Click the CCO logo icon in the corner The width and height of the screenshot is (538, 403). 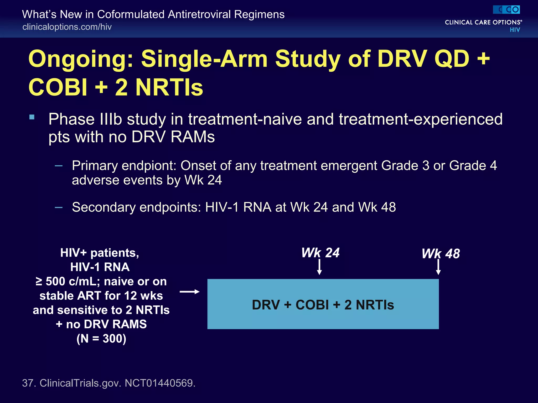click(x=506, y=10)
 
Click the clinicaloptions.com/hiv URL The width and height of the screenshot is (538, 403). click(x=67, y=27)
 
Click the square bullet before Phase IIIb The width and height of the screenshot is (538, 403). click(x=32, y=117)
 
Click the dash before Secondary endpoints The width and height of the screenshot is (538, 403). click(x=59, y=208)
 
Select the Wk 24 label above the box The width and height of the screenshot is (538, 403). click(x=320, y=253)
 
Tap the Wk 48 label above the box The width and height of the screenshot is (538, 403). click(x=441, y=254)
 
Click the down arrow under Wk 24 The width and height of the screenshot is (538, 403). click(x=319, y=267)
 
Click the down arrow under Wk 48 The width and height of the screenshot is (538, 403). click(x=438, y=267)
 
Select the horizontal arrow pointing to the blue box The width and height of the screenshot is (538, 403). click(x=189, y=291)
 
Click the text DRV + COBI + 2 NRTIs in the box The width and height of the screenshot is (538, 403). click(x=323, y=305)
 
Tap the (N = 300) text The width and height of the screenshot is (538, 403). click(x=101, y=338)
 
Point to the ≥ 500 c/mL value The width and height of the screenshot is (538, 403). click(x=69, y=282)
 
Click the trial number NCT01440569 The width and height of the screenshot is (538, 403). click(x=160, y=383)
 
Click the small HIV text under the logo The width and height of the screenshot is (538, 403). click(x=515, y=30)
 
